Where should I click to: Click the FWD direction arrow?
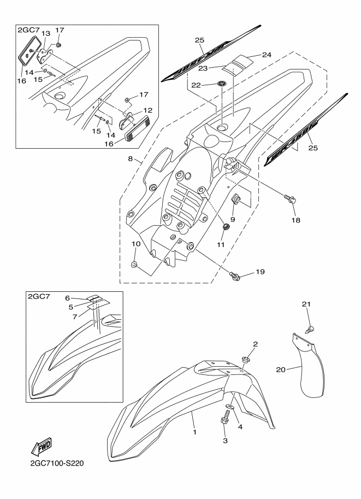(42, 448)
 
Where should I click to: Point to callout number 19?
(261, 271)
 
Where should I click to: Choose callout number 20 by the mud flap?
(280, 370)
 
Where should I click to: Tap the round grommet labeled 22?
(222, 84)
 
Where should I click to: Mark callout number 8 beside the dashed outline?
(131, 160)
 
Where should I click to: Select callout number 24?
(266, 55)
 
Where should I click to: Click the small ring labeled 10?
(133, 265)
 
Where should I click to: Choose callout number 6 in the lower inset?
(68, 298)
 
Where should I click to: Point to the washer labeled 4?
(228, 407)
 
